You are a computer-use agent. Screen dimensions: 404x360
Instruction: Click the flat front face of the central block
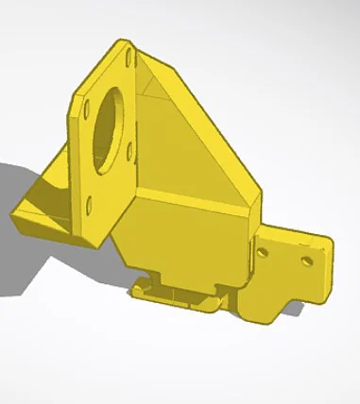tap(189, 241)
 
